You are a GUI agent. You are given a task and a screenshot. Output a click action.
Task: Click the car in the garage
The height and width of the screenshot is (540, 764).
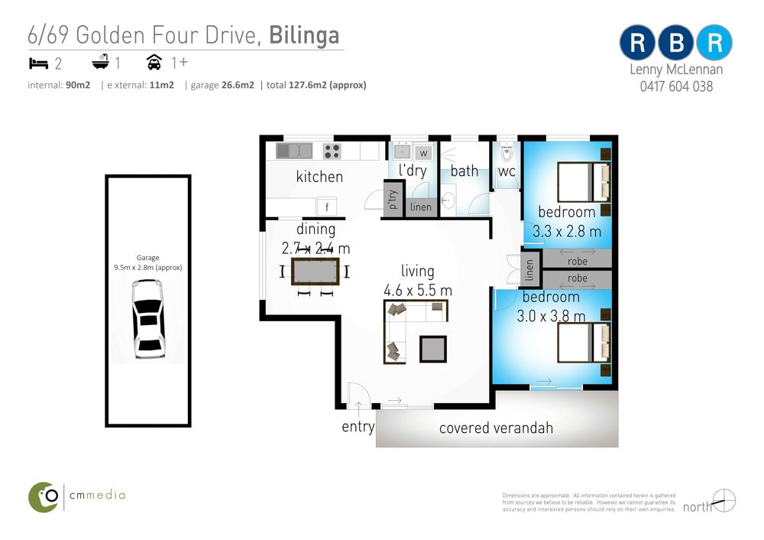click(x=148, y=319)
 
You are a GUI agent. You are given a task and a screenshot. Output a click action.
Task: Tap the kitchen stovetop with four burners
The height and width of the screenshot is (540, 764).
click(x=332, y=151)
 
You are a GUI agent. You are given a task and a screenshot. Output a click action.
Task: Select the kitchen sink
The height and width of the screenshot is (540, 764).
click(x=294, y=151)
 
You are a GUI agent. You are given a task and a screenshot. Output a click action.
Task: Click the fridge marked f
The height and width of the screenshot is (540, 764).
click(x=326, y=207)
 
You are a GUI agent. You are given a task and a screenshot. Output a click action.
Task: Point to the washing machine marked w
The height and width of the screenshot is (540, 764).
click(x=423, y=153)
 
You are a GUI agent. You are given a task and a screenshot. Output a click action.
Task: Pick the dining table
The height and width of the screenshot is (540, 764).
click(x=316, y=272)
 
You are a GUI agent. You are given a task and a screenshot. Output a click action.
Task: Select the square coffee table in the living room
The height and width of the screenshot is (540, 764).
click(x=433, y=349)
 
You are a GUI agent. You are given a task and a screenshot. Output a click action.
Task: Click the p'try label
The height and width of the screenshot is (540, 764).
click(x=393, y=200)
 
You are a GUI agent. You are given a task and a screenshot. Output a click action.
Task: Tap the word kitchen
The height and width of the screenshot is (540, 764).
click(x=319, y=177)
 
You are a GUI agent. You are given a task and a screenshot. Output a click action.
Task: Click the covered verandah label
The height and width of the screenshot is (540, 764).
click(x=496, y=428)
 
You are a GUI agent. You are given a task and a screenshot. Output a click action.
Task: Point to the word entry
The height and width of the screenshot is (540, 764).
click(x=358, y=427)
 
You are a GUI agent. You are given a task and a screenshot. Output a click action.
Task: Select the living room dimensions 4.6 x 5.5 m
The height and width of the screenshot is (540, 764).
click(x=418, y=291)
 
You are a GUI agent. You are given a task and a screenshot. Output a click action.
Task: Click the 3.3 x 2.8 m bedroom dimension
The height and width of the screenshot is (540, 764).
click(x=567, y=231)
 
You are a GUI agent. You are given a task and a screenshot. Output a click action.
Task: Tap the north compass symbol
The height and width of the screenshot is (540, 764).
click(x=724, y=500)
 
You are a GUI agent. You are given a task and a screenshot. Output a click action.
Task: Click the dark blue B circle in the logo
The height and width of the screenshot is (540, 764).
click(x=676, y=42)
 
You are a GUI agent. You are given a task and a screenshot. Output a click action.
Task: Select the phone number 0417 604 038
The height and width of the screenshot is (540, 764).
click(x=676, y=86)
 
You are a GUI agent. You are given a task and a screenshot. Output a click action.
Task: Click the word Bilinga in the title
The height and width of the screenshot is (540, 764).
click(x=304, y=34)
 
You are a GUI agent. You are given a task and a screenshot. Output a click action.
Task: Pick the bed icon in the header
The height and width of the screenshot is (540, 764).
click(x=38, y=63)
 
